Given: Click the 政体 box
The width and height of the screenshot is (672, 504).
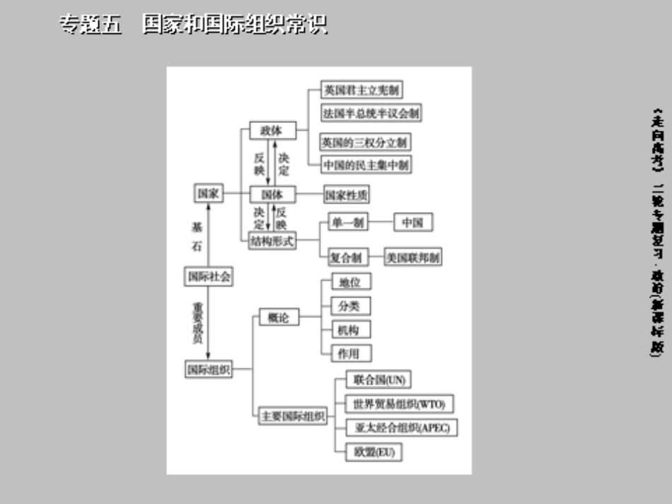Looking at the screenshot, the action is click(273, 131).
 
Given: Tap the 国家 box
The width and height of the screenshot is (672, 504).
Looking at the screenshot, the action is click(208, 194).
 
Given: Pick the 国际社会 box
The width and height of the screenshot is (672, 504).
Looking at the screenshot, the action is click(208, 277).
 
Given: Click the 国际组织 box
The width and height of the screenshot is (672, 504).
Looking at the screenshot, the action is click(208, 368).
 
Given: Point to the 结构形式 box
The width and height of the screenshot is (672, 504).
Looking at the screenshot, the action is click(272, 241).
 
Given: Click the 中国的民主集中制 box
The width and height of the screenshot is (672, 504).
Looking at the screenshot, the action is click(366, 165).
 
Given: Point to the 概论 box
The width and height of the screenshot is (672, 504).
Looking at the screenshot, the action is click(278, 318).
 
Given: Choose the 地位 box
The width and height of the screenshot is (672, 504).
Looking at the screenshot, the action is click(350, 282).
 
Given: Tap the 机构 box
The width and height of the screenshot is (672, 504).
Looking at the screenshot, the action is click(350, 329).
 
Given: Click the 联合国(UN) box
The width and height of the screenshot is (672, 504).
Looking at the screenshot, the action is click(379, 380).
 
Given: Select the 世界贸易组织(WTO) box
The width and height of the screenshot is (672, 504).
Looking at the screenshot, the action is click(398, 404).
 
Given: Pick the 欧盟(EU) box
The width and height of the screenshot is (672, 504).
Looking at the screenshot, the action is click(373, 452).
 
